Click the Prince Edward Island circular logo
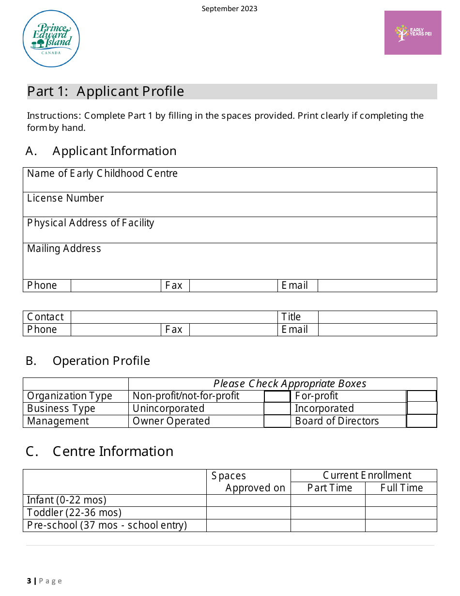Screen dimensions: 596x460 point(51,39)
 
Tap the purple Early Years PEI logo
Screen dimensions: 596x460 point(413,32)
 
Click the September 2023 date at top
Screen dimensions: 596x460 point(230,9)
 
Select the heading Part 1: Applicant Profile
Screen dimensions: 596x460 point(106,92)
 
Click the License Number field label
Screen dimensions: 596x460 point(65,198)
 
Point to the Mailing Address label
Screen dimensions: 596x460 point(64,249)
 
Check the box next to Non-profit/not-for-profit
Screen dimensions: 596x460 point(277,396)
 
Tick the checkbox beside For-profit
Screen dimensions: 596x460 point(421,396)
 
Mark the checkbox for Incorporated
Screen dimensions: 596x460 point(421,408)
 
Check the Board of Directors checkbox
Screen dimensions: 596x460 point(421,421)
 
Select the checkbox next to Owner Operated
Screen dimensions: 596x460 point(277,421)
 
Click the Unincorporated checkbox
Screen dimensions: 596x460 point(277,408)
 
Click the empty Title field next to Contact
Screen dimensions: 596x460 point(377,317)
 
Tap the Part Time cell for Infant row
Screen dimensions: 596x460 point(328,501)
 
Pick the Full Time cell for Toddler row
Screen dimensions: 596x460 point(401,513)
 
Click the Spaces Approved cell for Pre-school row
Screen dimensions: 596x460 point(248,525)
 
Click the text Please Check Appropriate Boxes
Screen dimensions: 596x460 point(290,384)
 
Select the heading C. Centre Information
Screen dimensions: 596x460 point(99,451)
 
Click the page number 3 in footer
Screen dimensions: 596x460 point(29,581)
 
